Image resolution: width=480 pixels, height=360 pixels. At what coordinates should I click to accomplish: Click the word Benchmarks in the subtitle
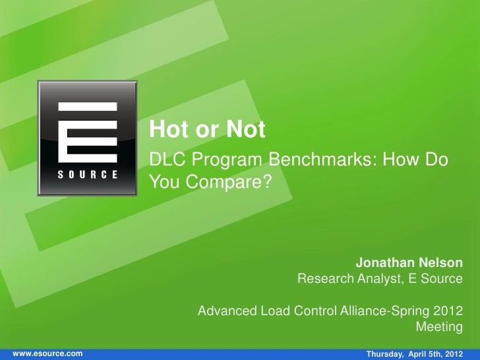322,160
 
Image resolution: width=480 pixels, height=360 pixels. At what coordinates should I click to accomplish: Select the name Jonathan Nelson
409,262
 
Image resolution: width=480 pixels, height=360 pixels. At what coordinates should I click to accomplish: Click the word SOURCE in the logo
87,175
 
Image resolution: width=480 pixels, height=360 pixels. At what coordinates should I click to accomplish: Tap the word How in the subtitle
405,160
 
